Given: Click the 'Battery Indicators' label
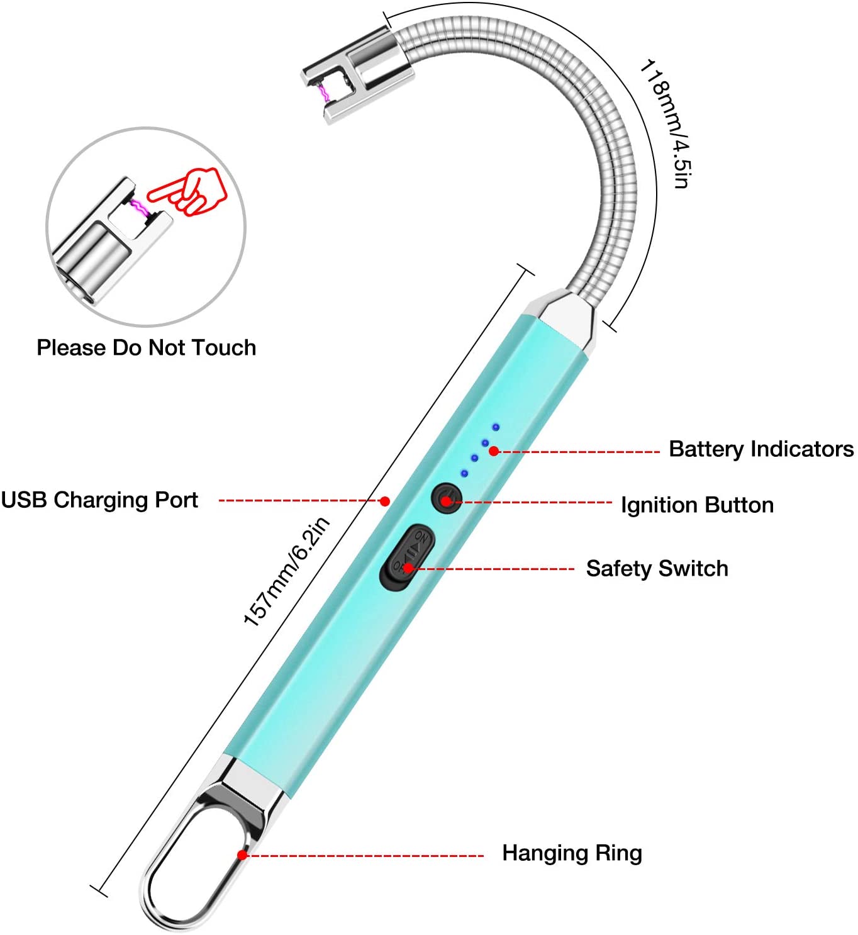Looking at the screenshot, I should [761, 449].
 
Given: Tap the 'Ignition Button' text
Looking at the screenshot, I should [697, 505].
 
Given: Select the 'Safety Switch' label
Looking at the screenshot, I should [657, 569].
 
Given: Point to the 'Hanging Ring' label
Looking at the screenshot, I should [572, 853].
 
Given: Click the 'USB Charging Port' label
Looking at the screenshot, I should [99, 500].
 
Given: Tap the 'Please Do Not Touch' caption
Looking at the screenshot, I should [146, 348].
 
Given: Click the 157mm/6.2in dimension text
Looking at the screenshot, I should [286, 571].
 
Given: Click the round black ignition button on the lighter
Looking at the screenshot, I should [446, 498].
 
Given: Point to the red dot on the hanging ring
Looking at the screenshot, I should [242, 855].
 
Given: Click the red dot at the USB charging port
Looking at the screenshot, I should [385, 501].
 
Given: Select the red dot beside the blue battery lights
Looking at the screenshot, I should [494, 451].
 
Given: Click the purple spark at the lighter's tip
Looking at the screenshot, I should [325, 94].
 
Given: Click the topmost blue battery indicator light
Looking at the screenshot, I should [496, 427].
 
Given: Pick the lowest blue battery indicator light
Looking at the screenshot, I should [464, 473].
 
